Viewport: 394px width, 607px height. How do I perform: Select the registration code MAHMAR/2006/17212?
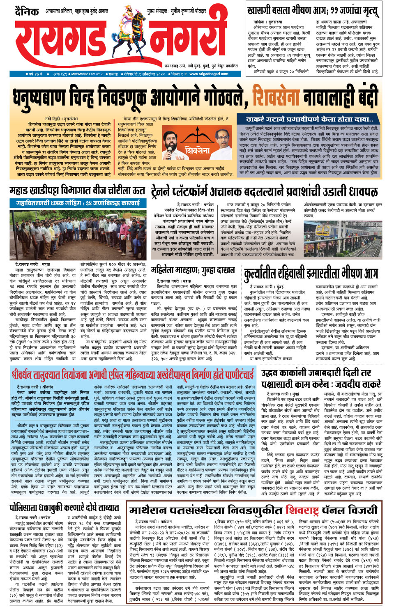tap(87, 74)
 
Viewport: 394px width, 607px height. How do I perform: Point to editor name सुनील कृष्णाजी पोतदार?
tap(188, 11)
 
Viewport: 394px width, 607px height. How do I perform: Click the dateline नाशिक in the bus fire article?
tap(259, 21)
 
